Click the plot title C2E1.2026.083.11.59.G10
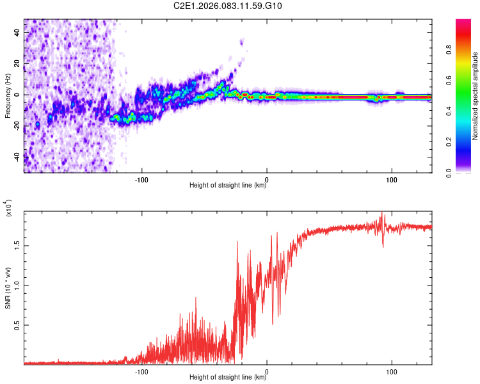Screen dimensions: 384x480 coord(228,6)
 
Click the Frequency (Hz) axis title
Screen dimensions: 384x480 coord(8,96)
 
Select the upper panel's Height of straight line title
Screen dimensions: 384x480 coord(228,186)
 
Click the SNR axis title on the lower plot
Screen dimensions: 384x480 coord(8,289)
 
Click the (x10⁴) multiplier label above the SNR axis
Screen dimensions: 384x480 coord(9,209)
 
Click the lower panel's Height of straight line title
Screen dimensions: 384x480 coord(228,378)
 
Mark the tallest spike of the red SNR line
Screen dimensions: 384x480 coord(383,212)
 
